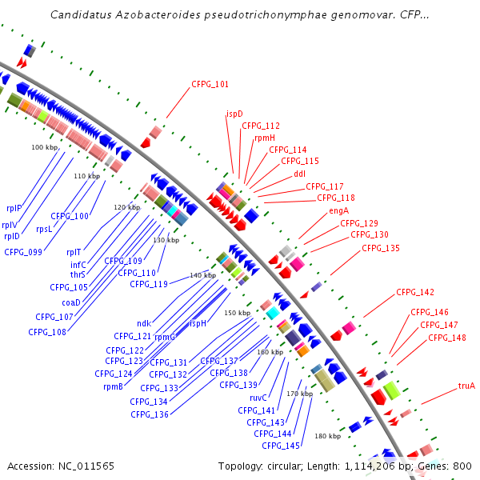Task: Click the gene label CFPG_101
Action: pos(210,84)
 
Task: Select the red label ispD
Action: pos(234,114)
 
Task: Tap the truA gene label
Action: pos(466,386)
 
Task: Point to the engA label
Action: pos(339,211)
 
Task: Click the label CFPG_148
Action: pos(446,338)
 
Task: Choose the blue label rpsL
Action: pos(45,229)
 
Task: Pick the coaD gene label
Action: pos(71,302)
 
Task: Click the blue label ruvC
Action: pos(258,398)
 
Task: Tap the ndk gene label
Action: pos(144,323)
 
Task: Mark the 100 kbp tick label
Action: pos(45,148)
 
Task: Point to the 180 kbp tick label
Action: pos(327,436)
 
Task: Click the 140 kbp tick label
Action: pos(202,275)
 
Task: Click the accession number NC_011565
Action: pos(86,466)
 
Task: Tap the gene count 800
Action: pos(462,466)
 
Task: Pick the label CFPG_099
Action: pos(22,252)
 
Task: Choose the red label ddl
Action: pos(299,174)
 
